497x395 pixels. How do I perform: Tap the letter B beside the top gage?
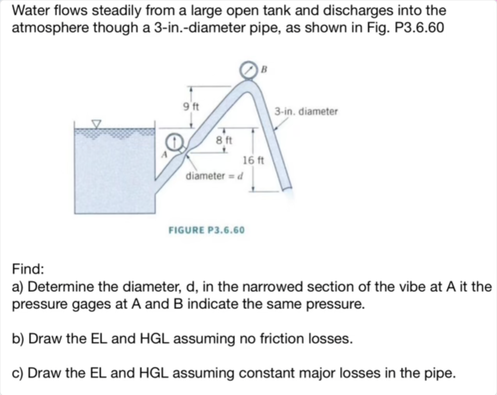[263, 69]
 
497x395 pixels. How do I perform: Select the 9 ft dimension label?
[191, 106]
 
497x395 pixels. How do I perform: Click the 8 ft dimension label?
[224, 140]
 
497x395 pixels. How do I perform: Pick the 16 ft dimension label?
[253, 160]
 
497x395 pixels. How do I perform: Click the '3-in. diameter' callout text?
[306, 112]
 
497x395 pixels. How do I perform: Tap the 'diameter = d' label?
[214, 176]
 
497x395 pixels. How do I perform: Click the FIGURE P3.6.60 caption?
[206, 230]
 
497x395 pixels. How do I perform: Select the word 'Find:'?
[28, 269]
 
